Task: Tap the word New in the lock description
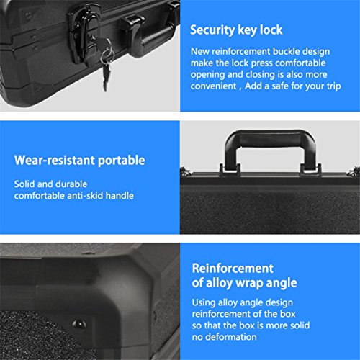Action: coord(200,52)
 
